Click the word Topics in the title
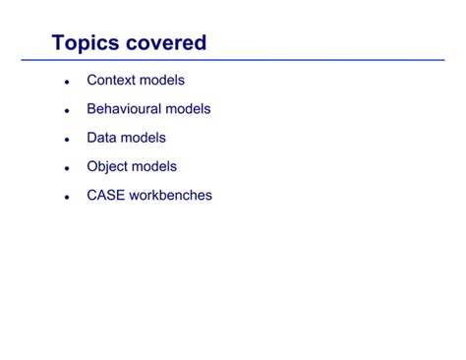86,43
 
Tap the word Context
111,80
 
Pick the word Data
101,138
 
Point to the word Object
108,166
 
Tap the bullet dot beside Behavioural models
66,111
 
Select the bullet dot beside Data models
66,140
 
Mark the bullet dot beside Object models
66,168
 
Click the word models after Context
162,80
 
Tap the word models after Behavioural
188,109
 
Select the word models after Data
144,138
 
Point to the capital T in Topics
59,43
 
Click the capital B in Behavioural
91,109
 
